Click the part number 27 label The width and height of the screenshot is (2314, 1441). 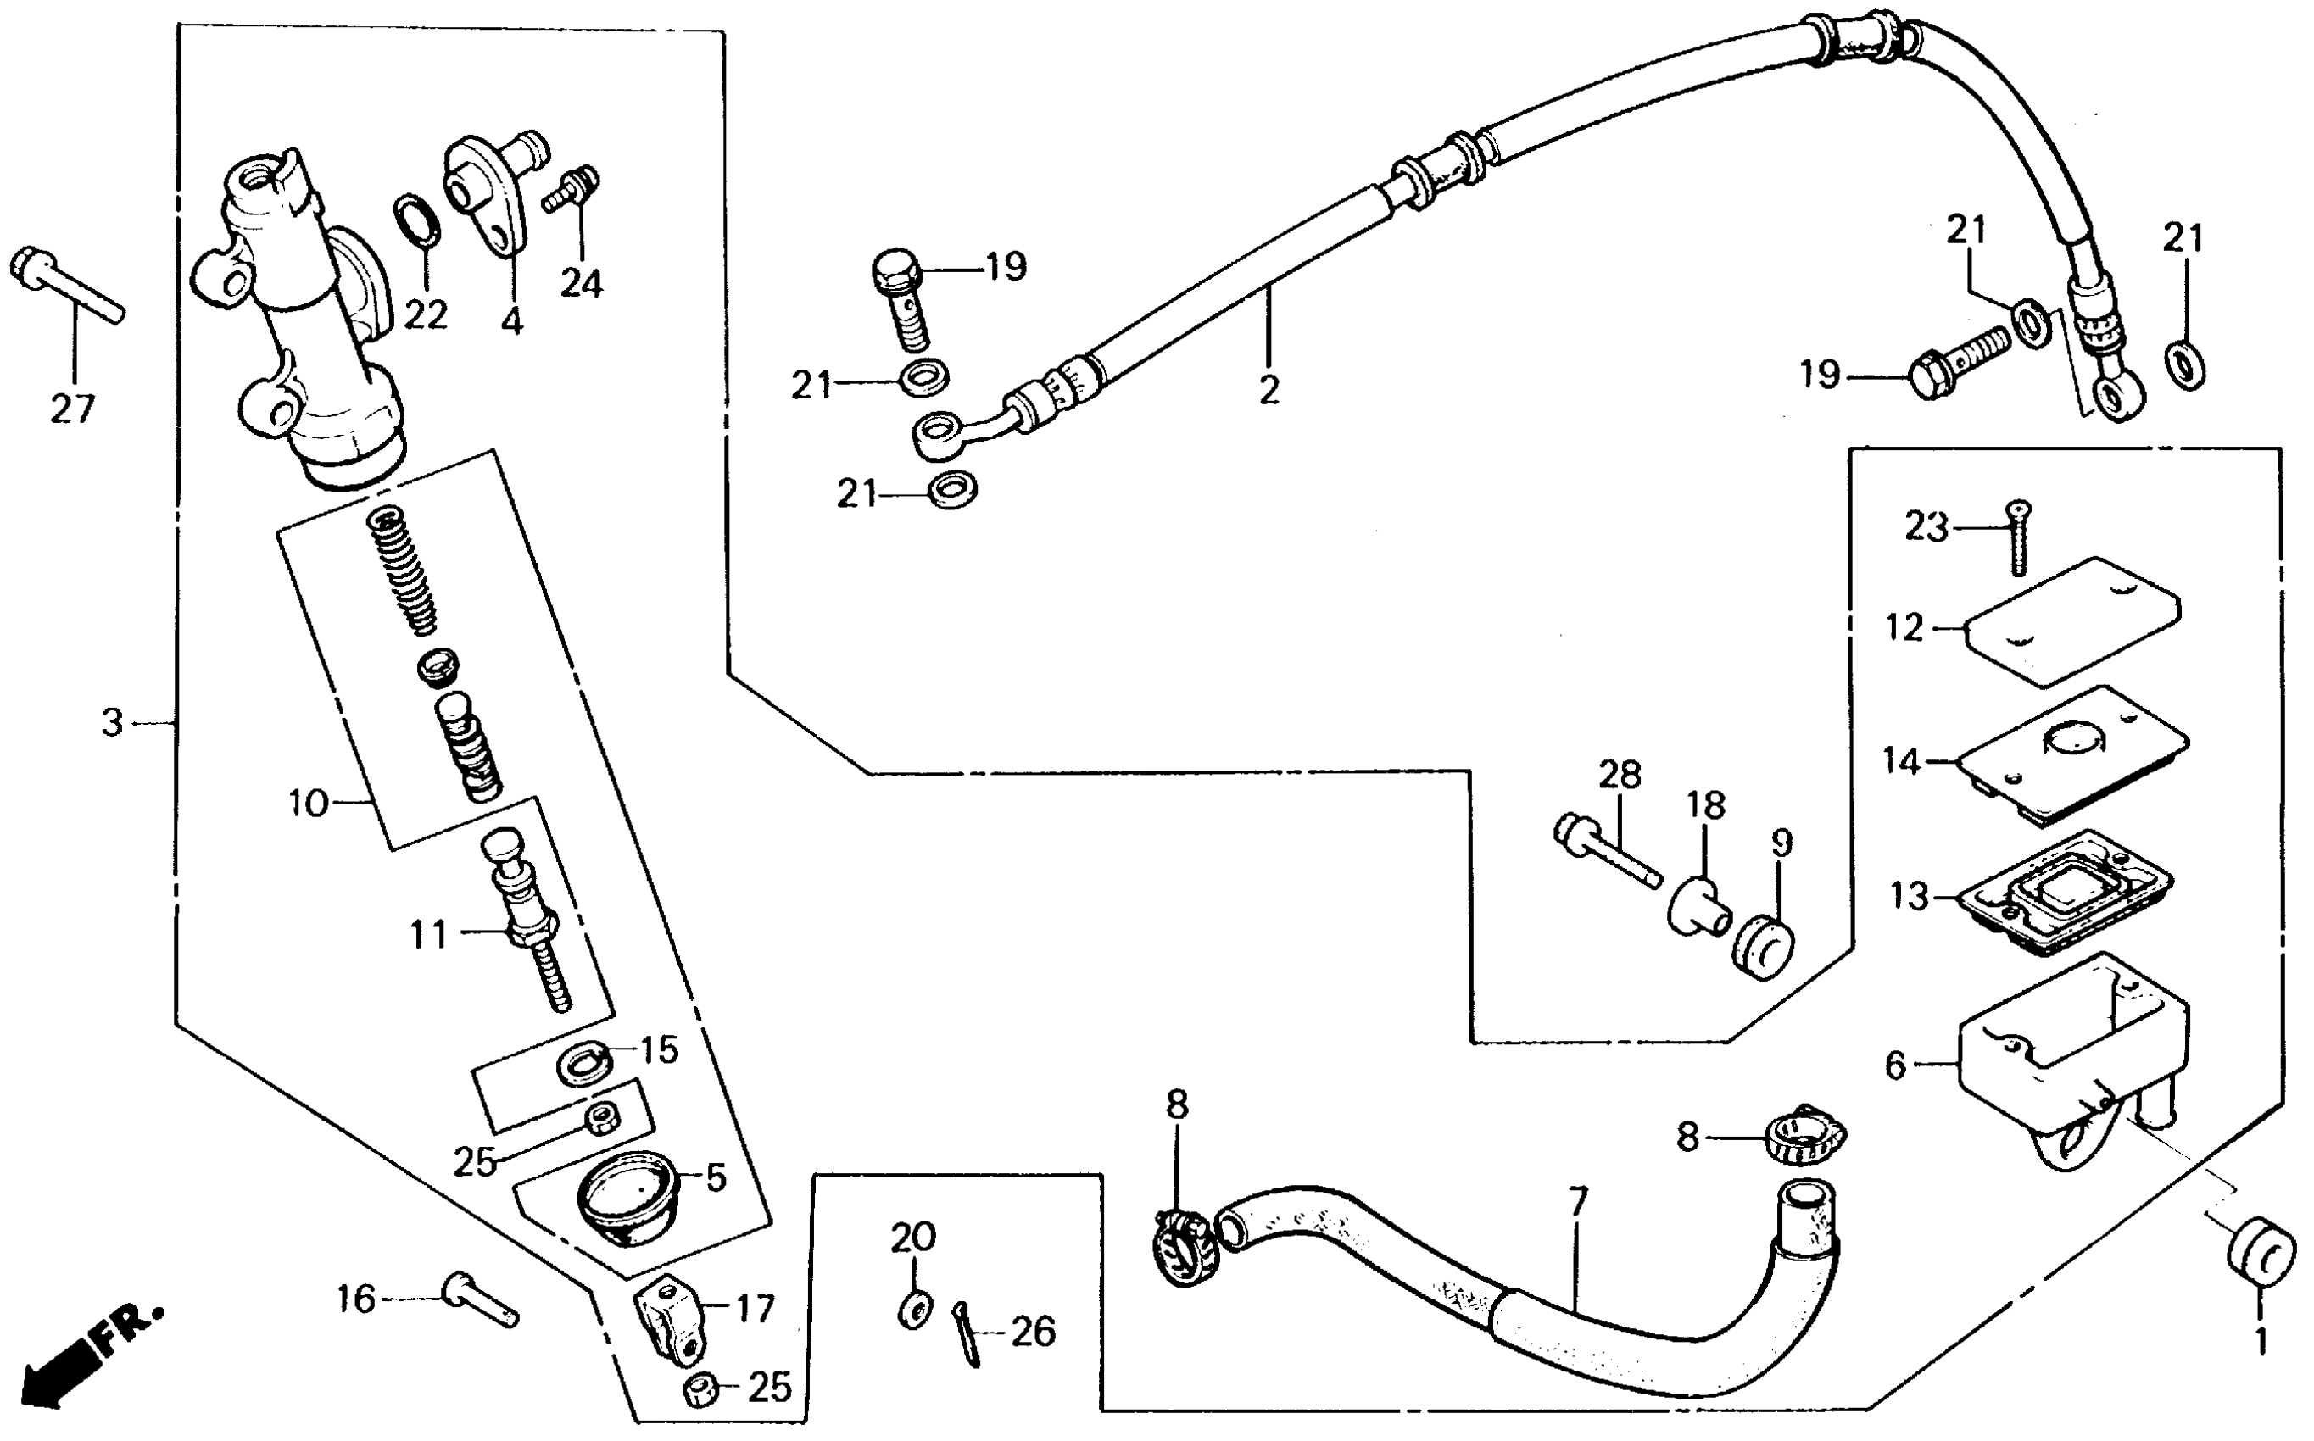coord(72,409)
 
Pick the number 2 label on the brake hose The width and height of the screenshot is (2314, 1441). coord(1269,390)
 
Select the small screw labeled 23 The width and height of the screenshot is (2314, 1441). coord(2016,538)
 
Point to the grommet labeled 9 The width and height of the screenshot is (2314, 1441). coord(1762,948)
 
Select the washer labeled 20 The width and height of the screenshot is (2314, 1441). coord(914,1310)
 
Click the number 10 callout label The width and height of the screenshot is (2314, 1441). coord(308,804)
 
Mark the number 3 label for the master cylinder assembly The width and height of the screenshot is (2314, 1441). coord(113,723)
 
